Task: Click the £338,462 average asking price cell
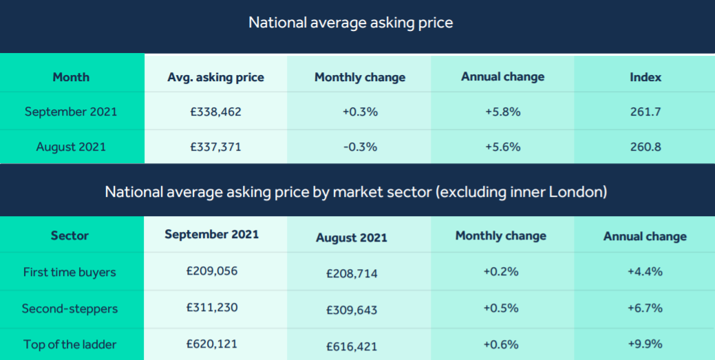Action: coord(215,112)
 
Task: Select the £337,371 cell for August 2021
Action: coord(215,147)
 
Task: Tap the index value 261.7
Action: coord(645,112)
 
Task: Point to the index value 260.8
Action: coord(645,147)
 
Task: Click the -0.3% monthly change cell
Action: coord(360,147)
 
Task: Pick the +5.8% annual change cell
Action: coord(502,112)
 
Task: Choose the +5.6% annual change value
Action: coord(502,147)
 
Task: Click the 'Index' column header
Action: coord(645,77)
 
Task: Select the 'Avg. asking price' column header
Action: coord(215,77)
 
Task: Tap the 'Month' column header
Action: coord(71,77)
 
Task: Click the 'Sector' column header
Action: coord(70,235)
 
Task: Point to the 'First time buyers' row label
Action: coord(70,272)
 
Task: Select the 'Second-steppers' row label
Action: coord(70,308)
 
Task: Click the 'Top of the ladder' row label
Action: coord(70,344)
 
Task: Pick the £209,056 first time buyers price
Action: coord(212,271)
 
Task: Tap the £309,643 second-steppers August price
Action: coord(352,310)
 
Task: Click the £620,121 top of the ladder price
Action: coord(212,343)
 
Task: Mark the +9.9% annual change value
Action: coord(645,344)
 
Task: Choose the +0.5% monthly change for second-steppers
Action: coord(500,308)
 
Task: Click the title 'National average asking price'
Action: coord(351,22)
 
